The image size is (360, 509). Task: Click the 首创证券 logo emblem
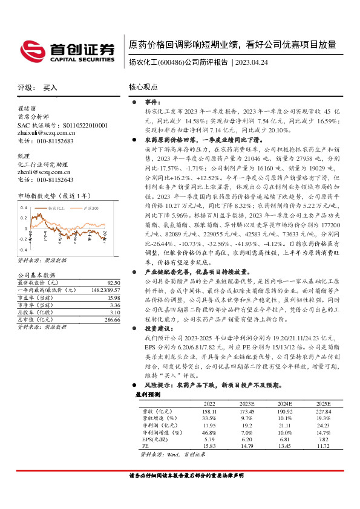coord(31,50)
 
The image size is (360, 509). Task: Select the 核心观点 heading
coord(143,87)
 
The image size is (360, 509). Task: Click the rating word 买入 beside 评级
coord(50,88)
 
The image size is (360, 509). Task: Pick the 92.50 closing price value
coord(113,282)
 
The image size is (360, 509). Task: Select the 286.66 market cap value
coord(111,319)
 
